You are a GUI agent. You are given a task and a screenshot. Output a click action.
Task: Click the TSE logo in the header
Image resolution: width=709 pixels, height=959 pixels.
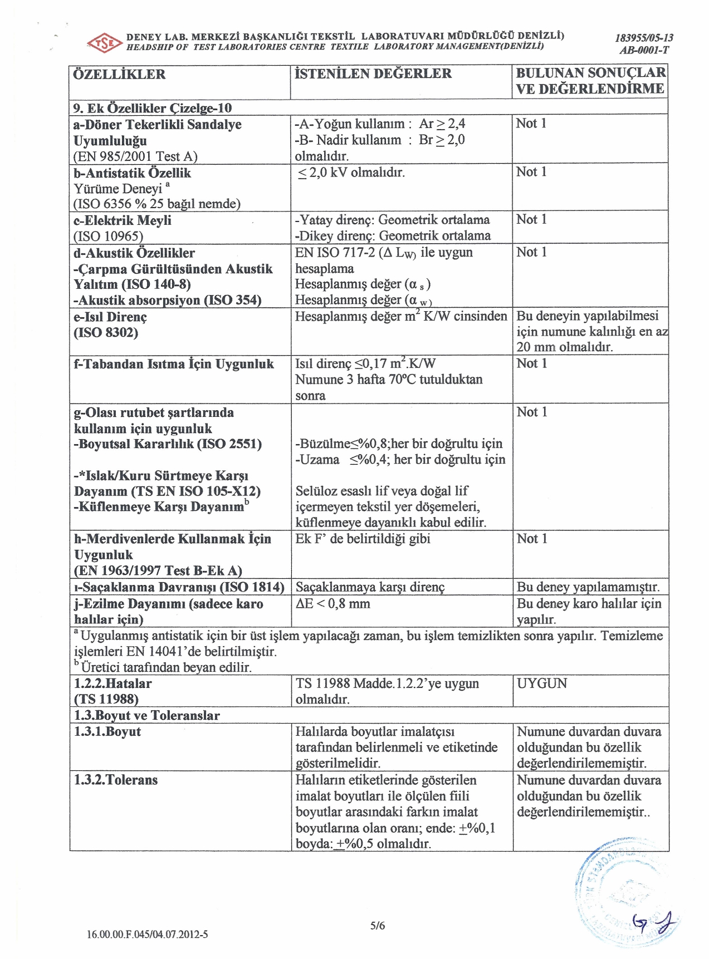pos(104,43)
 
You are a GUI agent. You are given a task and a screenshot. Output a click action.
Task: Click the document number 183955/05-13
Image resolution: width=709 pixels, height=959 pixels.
pos(644,38)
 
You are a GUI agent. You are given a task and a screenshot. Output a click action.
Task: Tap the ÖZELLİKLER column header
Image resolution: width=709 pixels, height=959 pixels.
pos(119,74)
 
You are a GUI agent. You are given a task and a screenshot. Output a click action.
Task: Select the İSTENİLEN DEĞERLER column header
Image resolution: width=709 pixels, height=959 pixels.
pos(373,73)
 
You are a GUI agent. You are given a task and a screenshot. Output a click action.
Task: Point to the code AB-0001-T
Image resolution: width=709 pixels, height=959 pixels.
pos(644,50)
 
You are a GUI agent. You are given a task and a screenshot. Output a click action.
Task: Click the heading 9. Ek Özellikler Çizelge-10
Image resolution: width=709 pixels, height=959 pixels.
pos(153,108)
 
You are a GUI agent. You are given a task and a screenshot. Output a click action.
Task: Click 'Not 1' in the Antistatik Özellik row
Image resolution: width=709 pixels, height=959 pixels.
pos(531,172)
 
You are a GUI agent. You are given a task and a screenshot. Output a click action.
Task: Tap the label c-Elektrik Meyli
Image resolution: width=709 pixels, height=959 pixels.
pos(123,220)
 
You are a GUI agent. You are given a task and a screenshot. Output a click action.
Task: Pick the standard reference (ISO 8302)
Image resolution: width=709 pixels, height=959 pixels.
pos(106,333)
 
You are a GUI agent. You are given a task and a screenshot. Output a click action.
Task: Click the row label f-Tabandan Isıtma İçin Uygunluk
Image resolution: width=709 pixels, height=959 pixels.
pos(174,364)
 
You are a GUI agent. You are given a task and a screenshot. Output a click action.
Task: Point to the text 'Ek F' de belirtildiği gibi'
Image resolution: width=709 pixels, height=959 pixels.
pos(363,539)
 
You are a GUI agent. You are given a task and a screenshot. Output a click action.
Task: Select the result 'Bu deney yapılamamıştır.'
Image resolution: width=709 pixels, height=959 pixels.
pos(588,587)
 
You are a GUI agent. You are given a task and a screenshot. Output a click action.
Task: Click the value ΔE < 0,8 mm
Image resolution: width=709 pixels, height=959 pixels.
pos(333,604)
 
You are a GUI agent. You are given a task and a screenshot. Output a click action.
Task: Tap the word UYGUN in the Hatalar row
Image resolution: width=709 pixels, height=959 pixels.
pos(542,683)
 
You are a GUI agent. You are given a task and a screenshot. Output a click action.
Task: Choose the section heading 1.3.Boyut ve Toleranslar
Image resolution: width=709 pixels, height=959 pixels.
pos(147,715)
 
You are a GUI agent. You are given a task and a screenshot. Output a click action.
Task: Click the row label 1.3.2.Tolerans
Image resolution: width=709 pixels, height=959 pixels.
pos(116,780)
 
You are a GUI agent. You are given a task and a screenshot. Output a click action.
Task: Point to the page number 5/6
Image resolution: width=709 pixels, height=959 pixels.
pos(378,926)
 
